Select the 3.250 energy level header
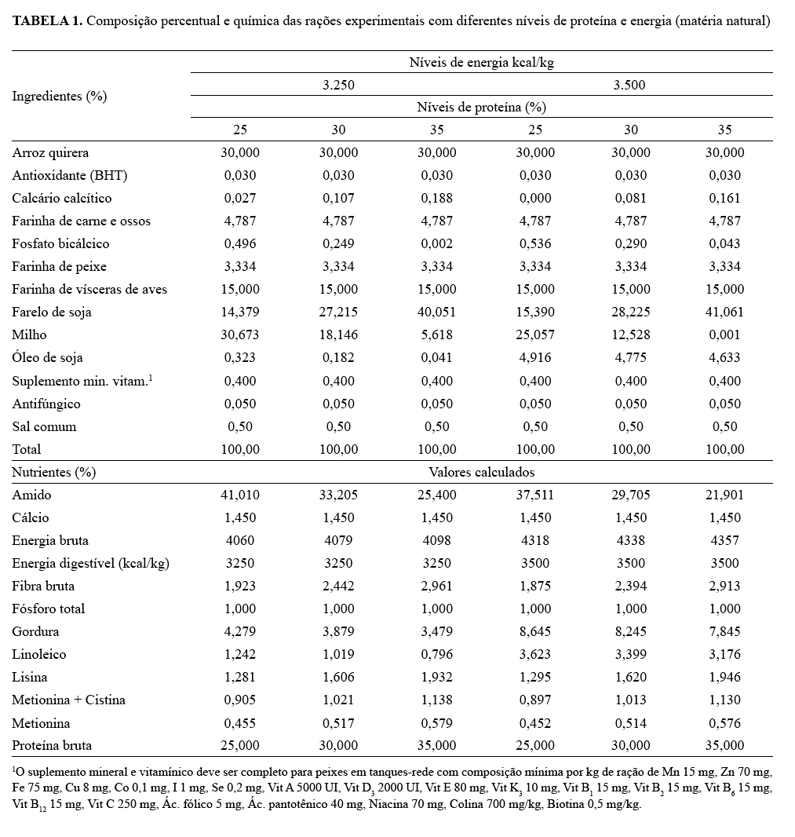(339, 85)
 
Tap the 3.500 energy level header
(629, 85)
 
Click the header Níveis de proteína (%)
(482, 107)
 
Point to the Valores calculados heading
(482, 472)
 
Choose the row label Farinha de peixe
(59, 266)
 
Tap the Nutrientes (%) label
(53, 472)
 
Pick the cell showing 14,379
(241, 312)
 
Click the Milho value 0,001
(724, 335)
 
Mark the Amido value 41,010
(241, 495)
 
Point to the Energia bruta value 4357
(724, 540)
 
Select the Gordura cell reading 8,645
(534, 631)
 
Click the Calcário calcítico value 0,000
(534, 198)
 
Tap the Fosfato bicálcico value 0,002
(436, 243)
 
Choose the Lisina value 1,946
(724, 677)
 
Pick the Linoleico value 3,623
(534, 654)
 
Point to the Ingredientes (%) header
(59, 96)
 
